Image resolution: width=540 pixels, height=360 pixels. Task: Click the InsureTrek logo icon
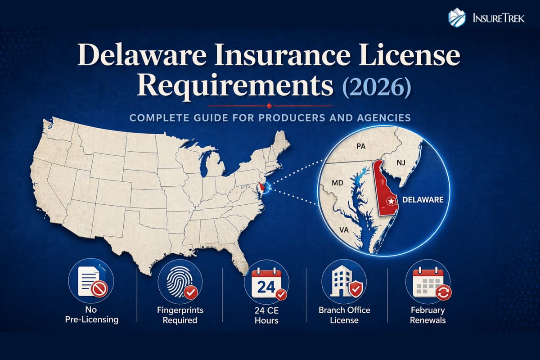456,18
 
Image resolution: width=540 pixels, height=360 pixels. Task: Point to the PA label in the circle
360,146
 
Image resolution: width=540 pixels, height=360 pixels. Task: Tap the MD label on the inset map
337,184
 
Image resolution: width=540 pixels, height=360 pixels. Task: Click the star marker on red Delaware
392,200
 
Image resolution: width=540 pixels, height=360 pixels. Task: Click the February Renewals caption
428,315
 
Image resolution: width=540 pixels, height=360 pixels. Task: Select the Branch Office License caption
344,315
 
